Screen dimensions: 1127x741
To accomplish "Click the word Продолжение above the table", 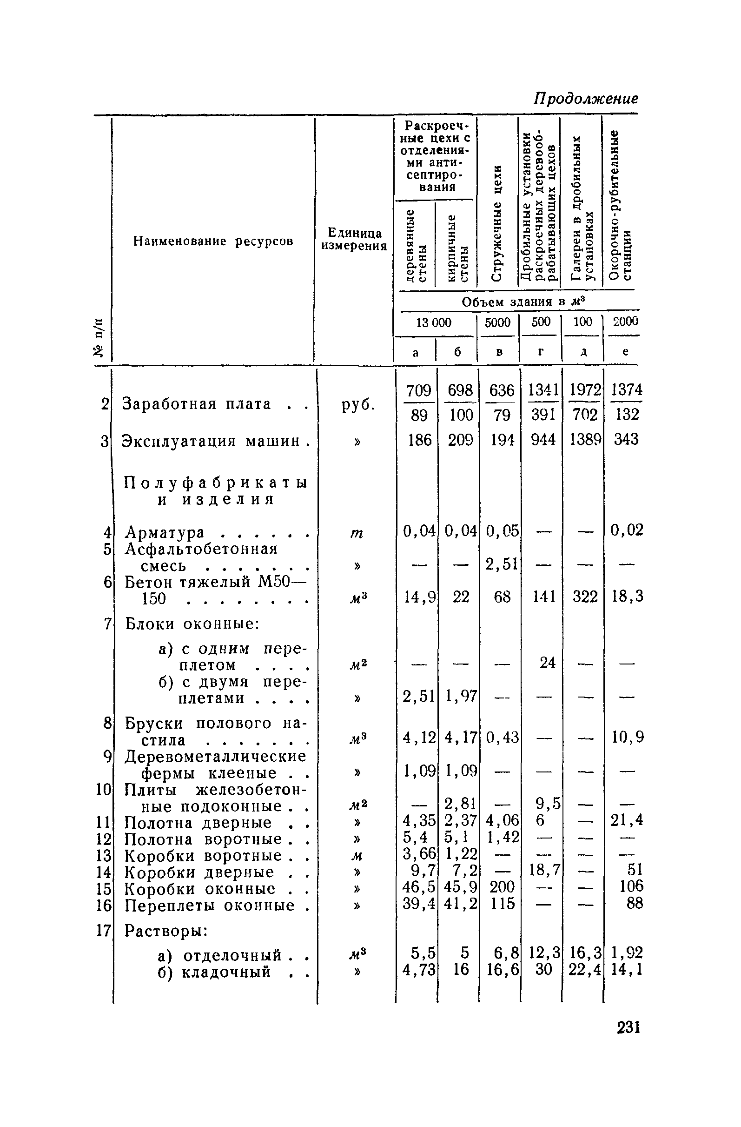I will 586,98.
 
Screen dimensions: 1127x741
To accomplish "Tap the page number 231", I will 628,1028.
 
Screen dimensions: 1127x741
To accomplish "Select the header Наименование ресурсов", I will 213,241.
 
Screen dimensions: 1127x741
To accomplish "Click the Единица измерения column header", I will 354,239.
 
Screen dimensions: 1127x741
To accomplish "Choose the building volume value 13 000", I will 433,322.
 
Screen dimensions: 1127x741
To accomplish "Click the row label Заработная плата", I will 197,404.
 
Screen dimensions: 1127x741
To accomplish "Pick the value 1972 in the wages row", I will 585,390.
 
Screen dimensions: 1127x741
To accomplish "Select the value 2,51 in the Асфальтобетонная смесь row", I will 502,564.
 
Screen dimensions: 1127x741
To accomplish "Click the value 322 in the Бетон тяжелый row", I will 585,596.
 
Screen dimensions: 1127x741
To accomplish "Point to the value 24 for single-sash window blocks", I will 547,663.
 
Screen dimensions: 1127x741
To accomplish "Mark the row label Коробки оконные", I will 200,889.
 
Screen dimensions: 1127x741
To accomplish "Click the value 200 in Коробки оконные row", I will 502,886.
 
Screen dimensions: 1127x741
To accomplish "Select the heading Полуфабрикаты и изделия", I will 216,491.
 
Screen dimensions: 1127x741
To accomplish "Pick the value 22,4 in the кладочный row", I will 585,970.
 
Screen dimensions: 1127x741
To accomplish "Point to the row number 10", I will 103,789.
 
